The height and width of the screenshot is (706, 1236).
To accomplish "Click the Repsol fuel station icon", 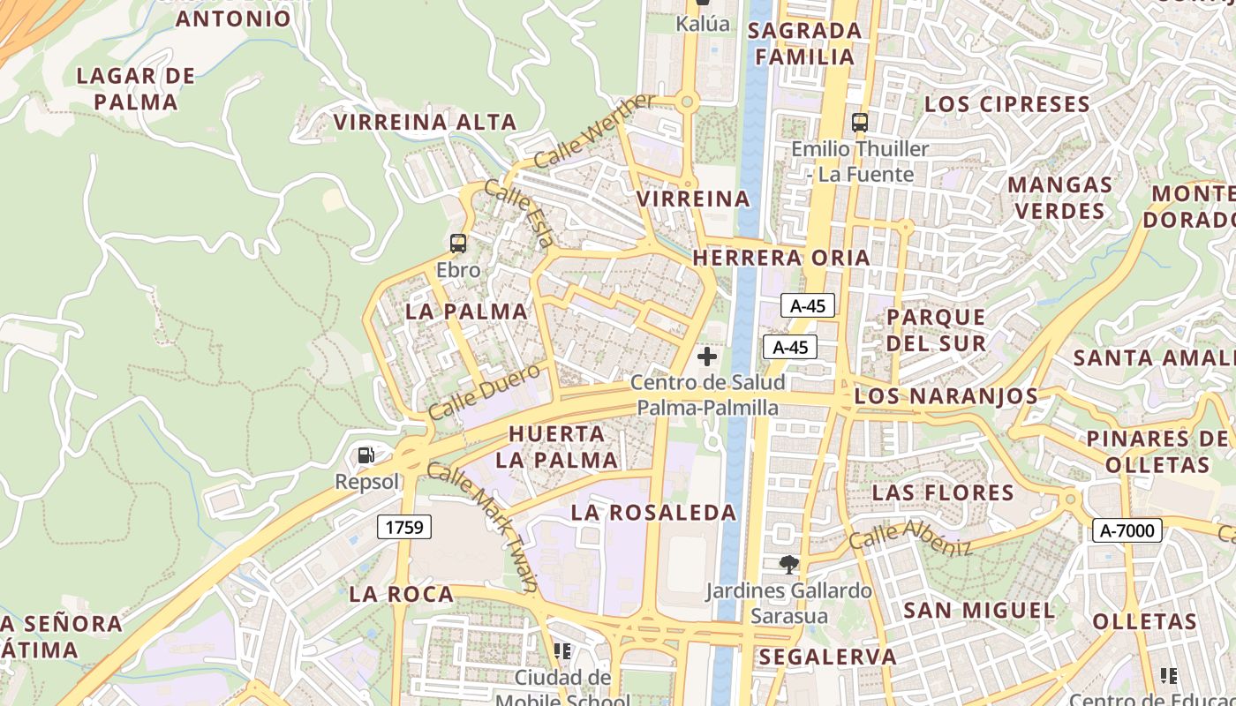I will tap(366, 455).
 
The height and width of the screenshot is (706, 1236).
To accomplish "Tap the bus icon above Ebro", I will tap(457, 244).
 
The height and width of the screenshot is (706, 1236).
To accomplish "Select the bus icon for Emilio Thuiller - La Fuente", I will tap(859, 123).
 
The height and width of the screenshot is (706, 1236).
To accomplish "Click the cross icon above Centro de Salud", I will tap(706, 357).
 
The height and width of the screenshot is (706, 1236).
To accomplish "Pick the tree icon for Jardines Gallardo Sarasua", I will tap(789, 564).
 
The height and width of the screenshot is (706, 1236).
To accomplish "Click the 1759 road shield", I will tap(405, 528).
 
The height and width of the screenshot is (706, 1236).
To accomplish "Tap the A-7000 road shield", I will tap(1127, 530).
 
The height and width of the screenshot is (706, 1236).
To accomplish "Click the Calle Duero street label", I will tap(484, 391).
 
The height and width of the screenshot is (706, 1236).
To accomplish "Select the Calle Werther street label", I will tap(594, 131).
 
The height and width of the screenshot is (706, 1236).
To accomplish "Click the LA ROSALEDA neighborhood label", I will tap(653, 513).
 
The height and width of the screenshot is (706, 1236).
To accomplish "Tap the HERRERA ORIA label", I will tap(781, 258).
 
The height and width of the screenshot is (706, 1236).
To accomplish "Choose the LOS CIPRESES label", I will tap(1006, 104).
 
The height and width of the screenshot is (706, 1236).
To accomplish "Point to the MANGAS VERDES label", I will tap(1060, 198).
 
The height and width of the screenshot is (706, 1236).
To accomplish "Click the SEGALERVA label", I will tap(827, 657).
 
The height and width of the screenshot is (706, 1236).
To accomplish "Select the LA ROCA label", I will tap(401, 594).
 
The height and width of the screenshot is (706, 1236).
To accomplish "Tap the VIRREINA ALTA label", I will tap(425, 122).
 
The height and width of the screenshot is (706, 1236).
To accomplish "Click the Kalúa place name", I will tap(703, 24).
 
